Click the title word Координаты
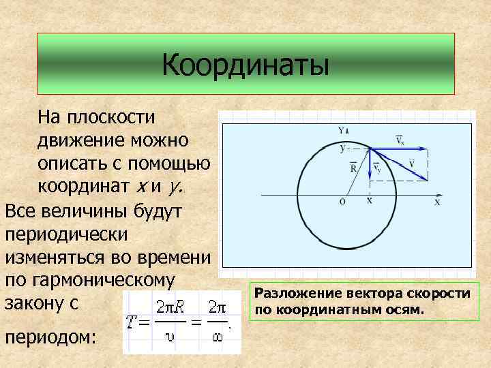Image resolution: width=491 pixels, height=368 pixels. coord(245,65)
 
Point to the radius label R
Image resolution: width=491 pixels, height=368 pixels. coord(353,166)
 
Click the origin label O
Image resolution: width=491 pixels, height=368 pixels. coord(342,202)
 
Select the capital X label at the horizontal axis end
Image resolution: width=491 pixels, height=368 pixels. coord(438,202)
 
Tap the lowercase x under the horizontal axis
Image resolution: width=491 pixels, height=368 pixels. coord(370,201)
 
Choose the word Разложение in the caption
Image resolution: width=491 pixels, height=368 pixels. coord(292,294)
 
